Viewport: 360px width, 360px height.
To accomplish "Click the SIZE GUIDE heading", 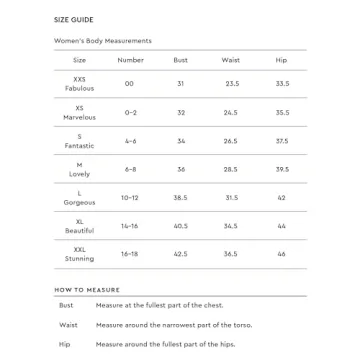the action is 74,19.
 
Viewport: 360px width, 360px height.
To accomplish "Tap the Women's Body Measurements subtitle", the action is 103,41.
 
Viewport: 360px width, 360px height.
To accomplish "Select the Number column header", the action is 131,60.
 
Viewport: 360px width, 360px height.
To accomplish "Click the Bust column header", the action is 181,60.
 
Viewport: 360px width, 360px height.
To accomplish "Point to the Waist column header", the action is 231,60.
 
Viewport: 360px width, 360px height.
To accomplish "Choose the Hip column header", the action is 281,60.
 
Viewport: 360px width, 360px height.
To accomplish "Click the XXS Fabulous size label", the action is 79,84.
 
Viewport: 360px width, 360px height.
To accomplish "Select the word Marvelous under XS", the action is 79,117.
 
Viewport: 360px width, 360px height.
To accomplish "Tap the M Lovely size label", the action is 79,169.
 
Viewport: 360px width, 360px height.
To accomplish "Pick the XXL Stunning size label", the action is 79,254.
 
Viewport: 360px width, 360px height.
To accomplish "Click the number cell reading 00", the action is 130,84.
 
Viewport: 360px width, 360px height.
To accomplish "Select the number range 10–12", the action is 131,197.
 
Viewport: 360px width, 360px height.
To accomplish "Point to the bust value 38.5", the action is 181,197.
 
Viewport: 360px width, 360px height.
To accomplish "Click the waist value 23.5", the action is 232,84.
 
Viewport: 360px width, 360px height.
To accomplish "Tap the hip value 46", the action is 281,254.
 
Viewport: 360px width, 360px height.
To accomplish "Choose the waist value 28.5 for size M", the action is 232,169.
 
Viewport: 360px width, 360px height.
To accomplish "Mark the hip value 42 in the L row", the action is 281,197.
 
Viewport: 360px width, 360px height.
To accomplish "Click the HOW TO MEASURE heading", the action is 87,289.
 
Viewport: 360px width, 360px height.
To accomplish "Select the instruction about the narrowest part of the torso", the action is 174,325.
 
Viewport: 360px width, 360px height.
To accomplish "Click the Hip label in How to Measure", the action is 65,344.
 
